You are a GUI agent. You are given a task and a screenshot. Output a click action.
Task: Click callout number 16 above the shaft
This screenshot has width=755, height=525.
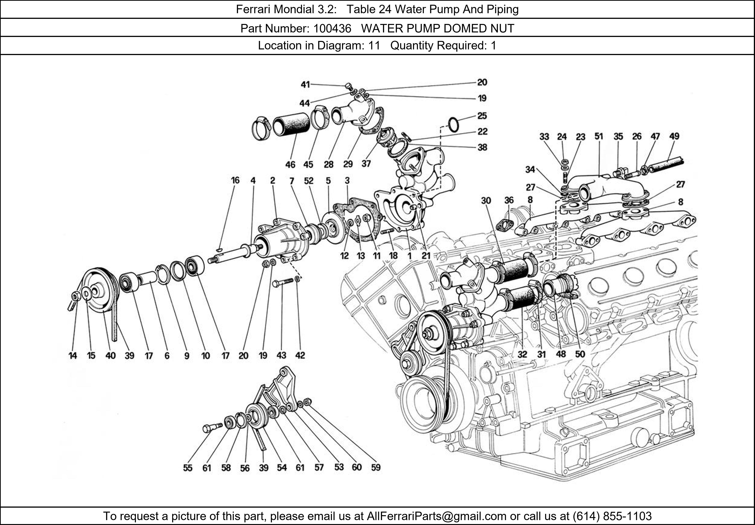(x=235, y=180)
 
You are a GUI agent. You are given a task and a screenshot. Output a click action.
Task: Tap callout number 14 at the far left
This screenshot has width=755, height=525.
(x=73, y=355)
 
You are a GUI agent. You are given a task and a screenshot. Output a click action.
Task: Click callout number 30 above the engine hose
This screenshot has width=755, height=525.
(x=486, y=200)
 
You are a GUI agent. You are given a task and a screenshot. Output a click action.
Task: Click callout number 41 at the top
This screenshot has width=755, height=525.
(x=305, y=84)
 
